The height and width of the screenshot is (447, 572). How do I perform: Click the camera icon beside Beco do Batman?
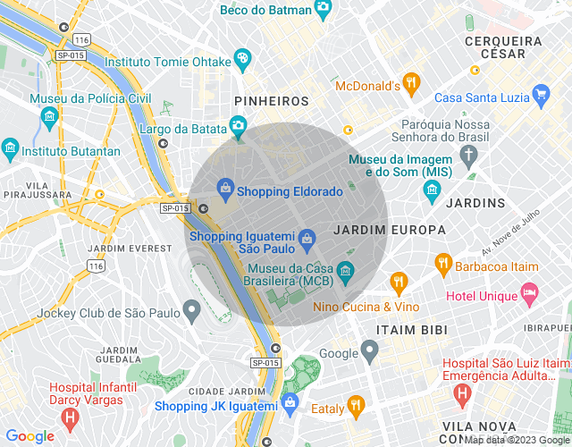click(324, 9)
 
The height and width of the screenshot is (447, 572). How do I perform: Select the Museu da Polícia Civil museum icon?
click(49, 116)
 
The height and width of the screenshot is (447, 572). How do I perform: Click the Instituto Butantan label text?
click(71, 151)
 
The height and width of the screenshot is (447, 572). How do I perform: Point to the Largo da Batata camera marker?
click(238, 126)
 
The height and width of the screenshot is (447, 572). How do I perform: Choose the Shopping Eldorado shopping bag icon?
click(225, 189)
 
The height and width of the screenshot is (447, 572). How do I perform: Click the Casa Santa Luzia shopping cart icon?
click(540, 93)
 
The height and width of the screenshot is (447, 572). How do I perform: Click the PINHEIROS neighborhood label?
click(271, 102)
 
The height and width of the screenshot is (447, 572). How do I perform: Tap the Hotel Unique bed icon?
click(530, 293)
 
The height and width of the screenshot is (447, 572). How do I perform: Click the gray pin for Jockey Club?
click(190, 310)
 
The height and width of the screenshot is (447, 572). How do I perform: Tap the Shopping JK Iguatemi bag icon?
click(290, 404)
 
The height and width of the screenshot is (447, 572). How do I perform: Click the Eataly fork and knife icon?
click(356, 406)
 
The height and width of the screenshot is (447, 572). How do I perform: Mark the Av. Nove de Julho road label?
click(512, 230)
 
